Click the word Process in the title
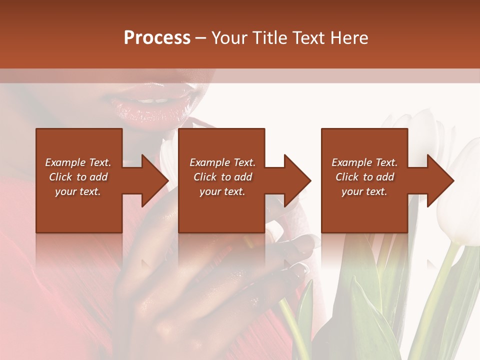point(157,38)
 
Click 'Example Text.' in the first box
point(78,162)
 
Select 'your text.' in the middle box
point(222,191)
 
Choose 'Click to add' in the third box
point(364,177)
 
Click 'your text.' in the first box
point(78,191)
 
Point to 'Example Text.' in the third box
point(364,162)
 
